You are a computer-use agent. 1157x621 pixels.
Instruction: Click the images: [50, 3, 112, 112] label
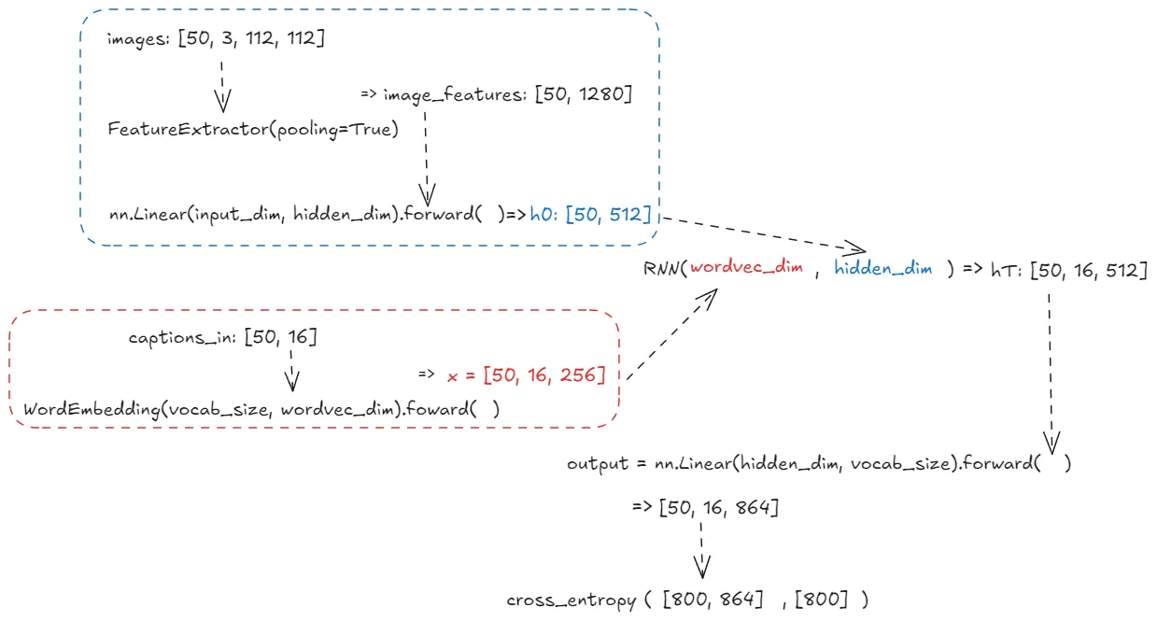pos(216,39)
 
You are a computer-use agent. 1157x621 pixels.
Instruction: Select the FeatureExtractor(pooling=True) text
pos(253,129)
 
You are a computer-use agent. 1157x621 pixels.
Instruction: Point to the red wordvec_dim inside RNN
pos(748,269)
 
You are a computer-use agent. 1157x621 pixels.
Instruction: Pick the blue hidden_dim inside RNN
pos(882,269)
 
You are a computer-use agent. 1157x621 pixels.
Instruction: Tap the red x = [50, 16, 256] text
pos(527,375)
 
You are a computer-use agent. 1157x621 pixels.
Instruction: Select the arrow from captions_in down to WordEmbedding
pos(291,370)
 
